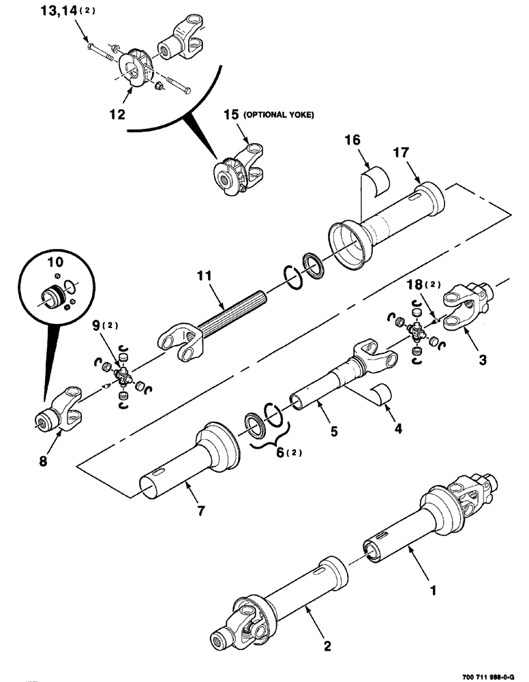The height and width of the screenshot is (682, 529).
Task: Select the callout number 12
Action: coord(117,115)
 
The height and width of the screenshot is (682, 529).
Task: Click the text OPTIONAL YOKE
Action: coord(277,115)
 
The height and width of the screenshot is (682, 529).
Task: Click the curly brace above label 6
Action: coord(266,443)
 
